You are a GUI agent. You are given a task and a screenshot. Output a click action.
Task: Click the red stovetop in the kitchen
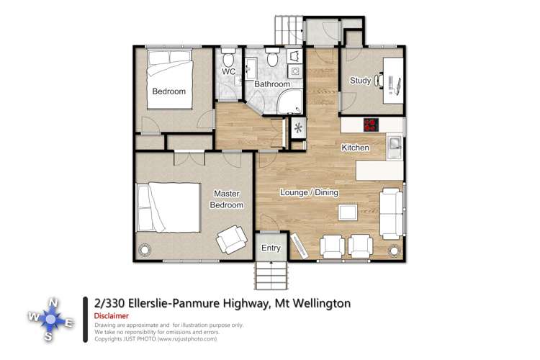pos(372,125)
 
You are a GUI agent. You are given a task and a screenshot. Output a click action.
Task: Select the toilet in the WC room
pos(228,58)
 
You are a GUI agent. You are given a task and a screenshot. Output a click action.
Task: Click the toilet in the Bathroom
pos(273,57)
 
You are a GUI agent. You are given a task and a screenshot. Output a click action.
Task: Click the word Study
pos(360,80)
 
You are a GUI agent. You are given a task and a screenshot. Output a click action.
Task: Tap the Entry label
pos(271,248)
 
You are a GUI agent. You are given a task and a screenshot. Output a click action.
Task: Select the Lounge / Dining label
pos(310,192)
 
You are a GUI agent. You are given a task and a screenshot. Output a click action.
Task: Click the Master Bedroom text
pos(226,199)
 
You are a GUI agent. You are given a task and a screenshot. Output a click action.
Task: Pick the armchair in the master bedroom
pos(232,240)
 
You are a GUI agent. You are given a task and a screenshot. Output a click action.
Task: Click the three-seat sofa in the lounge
pos(391,214)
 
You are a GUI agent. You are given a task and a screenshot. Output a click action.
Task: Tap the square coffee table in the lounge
pos(348,212)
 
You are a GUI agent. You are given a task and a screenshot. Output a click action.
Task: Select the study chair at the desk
pos(379,81)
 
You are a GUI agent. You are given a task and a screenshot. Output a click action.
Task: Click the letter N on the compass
pos(53,303)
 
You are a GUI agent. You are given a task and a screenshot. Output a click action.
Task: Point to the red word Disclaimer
pos(111,315)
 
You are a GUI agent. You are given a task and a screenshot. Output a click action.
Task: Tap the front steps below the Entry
pos(271,275)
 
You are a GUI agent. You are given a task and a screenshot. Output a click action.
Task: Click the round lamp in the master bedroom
pos(145,249)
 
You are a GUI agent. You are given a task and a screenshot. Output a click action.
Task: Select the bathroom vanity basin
pos(251,68)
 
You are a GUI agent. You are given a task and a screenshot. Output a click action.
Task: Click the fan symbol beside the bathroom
pos(298,128)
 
